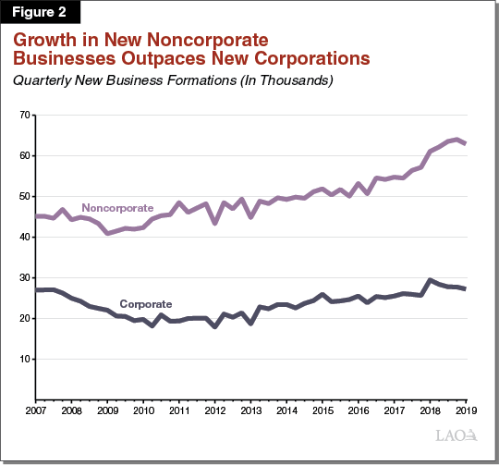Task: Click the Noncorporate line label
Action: (117, 207)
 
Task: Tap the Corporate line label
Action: (145, 303)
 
